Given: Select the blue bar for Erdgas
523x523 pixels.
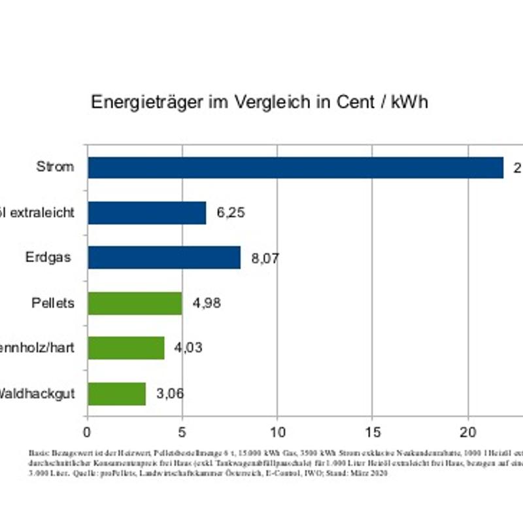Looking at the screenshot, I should click(x=164, y=258).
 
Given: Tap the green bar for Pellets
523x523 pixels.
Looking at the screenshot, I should click(x=135, y=303).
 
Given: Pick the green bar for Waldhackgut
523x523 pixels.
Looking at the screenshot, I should click(x=116, y=394).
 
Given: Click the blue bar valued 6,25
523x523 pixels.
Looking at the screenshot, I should click(x=147, y=212).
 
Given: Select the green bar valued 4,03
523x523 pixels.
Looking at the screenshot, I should click(x=126, y=348).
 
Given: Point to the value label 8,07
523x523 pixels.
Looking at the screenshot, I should click(x=265, y=258).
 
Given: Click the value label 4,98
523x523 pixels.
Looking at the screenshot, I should click(x=207, y=303).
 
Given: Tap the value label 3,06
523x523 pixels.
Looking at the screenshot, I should click(x=170, y=394).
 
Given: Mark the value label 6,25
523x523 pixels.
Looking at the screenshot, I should click(x=231, y=212).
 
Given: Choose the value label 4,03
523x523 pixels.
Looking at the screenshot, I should click(x=188, y=348).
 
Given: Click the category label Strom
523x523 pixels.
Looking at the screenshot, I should click(x=55, y=167).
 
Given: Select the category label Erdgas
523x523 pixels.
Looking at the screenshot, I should click(x=48, y=257).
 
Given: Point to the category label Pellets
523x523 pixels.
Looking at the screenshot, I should click(x=53, y=303).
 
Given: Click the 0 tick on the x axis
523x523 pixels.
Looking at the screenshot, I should click(x=87, y=432).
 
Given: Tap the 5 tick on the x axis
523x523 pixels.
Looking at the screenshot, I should click(x=182, y=432).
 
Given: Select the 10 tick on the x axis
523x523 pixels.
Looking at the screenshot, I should click(x=277, y=432).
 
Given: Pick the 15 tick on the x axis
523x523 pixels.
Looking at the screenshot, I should click(x=372, y=432).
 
